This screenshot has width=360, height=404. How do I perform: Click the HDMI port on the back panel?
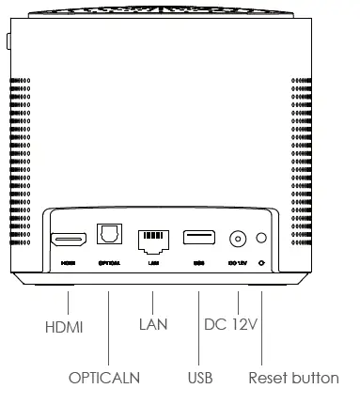69,238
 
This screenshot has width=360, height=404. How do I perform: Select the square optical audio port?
107,235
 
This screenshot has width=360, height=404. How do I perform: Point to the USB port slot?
198,238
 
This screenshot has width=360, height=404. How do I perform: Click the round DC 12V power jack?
238,239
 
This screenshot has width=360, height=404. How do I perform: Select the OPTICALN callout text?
103,378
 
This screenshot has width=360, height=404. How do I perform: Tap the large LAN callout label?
152,325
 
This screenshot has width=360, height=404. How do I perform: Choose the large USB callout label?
200,378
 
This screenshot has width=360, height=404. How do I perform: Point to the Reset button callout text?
293,378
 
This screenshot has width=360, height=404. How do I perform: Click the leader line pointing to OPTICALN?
108,329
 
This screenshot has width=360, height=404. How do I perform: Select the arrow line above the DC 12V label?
238,303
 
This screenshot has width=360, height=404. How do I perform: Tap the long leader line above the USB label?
199,329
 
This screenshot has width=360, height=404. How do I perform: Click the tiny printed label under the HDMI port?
69,264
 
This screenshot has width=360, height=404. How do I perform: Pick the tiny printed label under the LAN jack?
152,264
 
